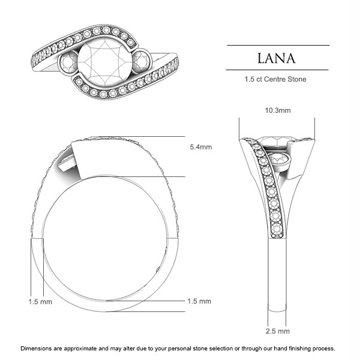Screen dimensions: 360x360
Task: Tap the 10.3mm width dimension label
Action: point(278,110)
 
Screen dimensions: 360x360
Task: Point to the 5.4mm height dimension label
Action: point(199,146)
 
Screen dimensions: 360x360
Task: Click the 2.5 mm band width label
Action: point(278,331)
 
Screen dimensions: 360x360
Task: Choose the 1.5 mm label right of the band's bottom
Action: point(199,301)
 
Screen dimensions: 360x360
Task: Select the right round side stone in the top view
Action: point(142,62)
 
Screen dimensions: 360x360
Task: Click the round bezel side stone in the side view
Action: point(280,161)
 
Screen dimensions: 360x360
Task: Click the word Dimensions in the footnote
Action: point(37,348)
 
